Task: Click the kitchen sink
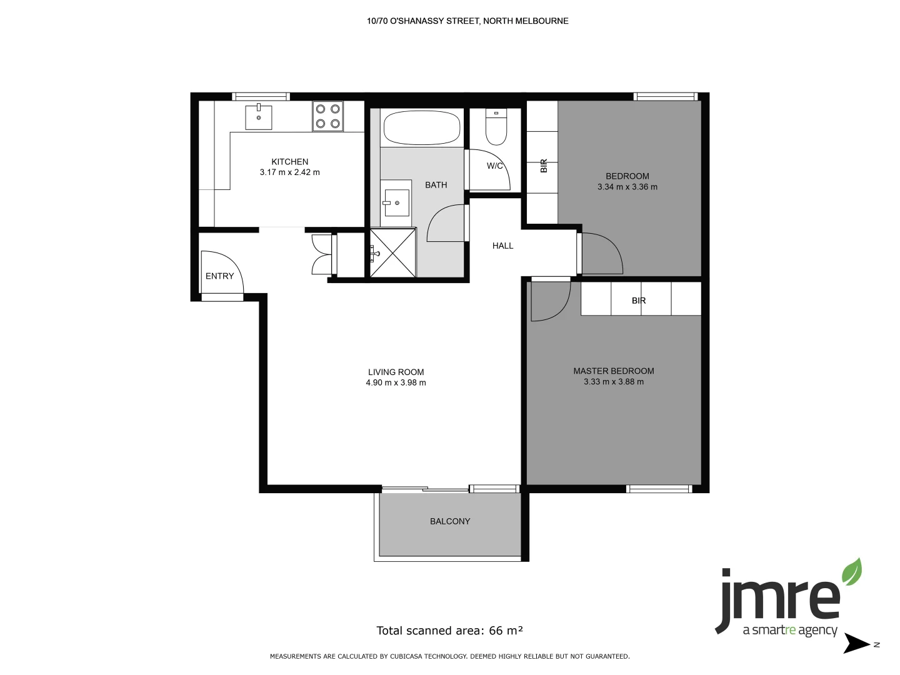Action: tap(258, 117)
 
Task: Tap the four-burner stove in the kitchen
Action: tap(327, 116)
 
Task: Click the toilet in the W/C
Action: tap(496, 127)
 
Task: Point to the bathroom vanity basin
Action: tap(396, 202)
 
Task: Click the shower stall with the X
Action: tap(392, 253)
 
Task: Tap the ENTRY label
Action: tap(219, 276)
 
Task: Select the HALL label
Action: tap(502, 246)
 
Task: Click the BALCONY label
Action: tap(450, 521)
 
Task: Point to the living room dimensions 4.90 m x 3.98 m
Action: tap(396, 383)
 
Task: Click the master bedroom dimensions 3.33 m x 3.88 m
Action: tap(613, 382)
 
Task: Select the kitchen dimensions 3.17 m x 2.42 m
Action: tap(289, 172)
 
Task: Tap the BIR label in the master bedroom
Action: tap(638, 301)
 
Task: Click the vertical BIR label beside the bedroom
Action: tap(544, 166)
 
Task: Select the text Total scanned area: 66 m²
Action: tap(449, 631)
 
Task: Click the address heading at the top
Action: tap(467, 21)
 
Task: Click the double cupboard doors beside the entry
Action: tap(322, 254)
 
